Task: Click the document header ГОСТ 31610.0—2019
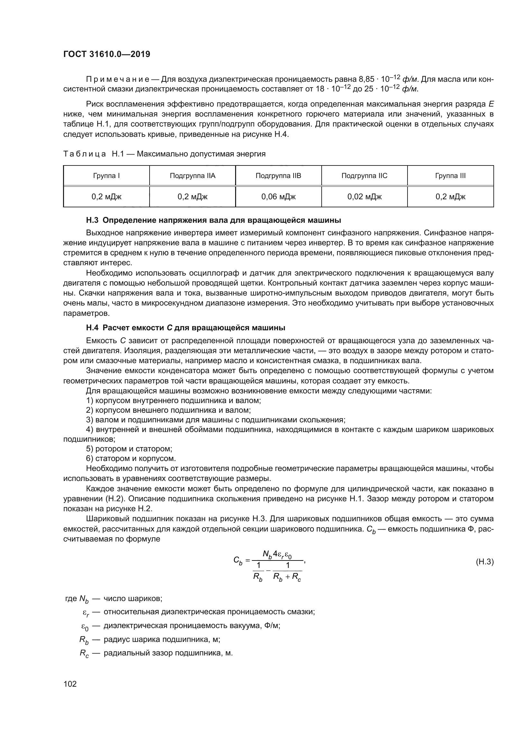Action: pyautogui.click(x=106, y=54)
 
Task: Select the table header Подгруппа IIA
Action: pyautogui.click(x=192, y=176)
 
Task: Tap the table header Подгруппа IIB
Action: pyautogui.click(x=278, y=176)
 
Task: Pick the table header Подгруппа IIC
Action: pyautogui.click(x=364, y=176)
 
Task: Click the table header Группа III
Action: pyautogui.click(x=450, y=176)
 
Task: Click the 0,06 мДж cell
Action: pyautogui.click(x=278, y=197)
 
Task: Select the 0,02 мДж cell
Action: pyautogui.click(x=364, y=197)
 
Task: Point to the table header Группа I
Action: pyautogui.click(x=106, y=176)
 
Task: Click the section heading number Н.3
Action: pyautogui.click(x=92, y=220)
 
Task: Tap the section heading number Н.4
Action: pyautogui.click(x=92, y=328)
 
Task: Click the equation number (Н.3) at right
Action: pyautogui.click(x=484, y=562)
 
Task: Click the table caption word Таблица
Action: pyautogui.click(x=85, y=154)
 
